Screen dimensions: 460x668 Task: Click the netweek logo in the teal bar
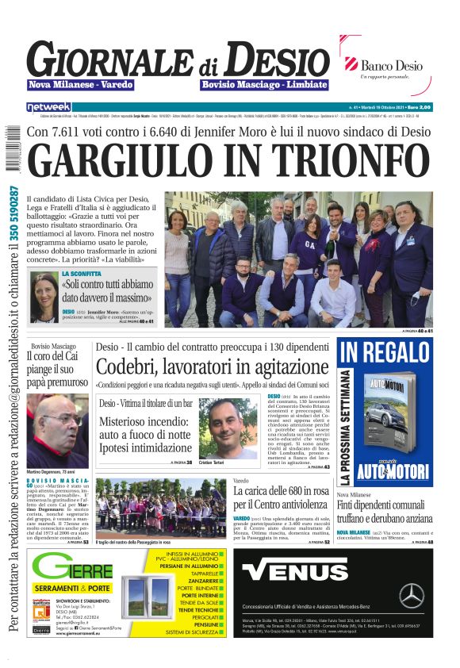click(x=49, y=106)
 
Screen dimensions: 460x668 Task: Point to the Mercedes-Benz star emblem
click(x=411, y=595)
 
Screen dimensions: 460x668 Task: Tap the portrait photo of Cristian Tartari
click(x=228, y=428)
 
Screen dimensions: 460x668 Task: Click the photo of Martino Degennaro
click(x=57, y=431)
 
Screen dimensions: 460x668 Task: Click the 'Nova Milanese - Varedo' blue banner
click(x=80, y=84)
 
